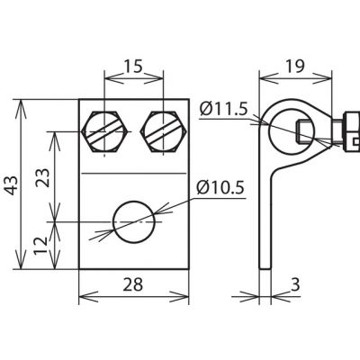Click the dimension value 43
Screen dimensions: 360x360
(x=13, y=185)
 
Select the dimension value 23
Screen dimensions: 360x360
(x=42, y=178)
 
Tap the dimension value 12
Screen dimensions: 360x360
(x=40, y=246)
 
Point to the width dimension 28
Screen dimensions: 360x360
(x=133, y=284)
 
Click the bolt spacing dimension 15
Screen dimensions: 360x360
(x=133, y=67)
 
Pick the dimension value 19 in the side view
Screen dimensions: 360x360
(x=294, y=67)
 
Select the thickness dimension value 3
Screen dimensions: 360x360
(x=295, y=285)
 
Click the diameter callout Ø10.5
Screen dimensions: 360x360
(x=220, y=188)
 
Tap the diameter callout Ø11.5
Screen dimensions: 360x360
(x=224, y=110)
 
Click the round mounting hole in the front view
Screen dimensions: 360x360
(x=134, y=222)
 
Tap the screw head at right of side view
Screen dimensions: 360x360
(x=350, y=132)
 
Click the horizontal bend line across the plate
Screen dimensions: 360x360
(x=134, y=174)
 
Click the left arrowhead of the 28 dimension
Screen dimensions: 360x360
(x=88, y=296)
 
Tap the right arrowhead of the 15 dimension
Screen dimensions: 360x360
(x=154, y=79)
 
